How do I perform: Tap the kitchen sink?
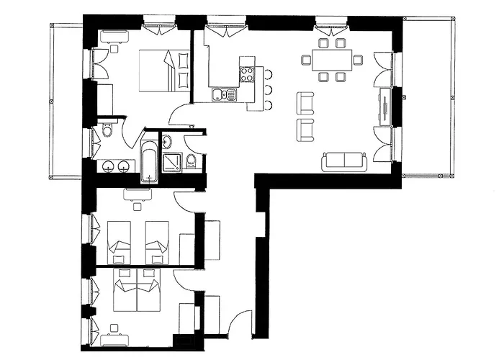(220, 94)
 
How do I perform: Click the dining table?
(333, 59)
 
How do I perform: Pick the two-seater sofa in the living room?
(346, 161)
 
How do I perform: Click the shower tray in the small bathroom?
(173, 163)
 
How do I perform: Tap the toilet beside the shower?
(192, 161)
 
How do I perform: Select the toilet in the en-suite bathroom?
(106, 132)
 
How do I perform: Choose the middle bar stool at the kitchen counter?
(268, 89)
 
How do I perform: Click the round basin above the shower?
(166, 140)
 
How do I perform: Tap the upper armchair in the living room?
(305, 103)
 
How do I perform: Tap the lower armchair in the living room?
(305, 130)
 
